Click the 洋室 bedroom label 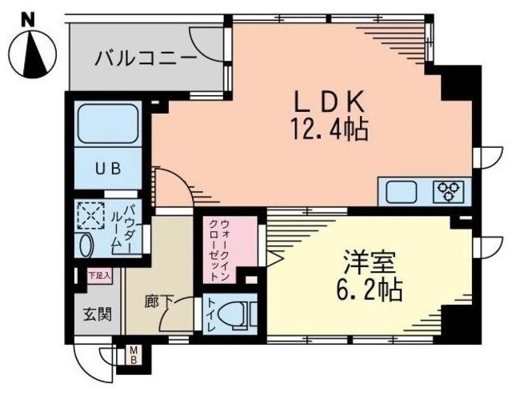pos(362,264)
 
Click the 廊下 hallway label pos(158,302)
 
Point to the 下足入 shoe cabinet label pos(99,276)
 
